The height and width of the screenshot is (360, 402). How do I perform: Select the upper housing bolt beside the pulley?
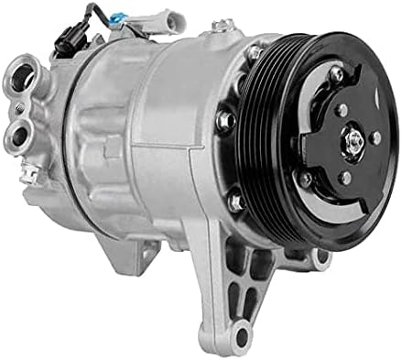[252, 54]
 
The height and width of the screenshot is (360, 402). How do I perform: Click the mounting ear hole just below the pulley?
[321, 259]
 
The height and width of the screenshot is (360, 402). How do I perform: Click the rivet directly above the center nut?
[342, 109]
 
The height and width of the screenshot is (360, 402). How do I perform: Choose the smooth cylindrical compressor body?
[147, 128]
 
